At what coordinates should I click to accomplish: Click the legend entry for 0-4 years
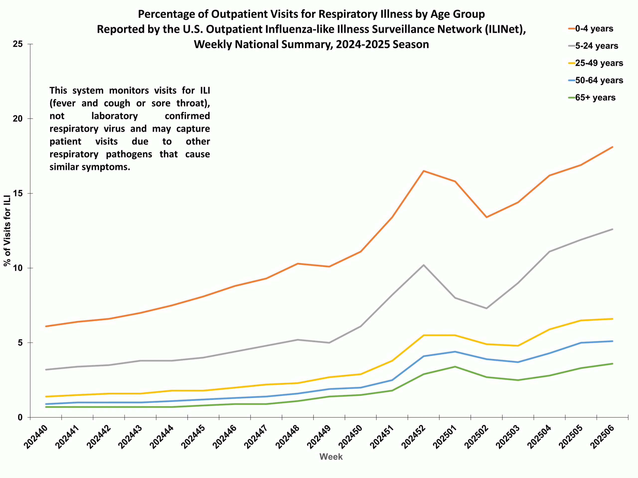point(594,29)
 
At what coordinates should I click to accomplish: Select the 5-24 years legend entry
point(596,46)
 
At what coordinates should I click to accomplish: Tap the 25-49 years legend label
point(599,63)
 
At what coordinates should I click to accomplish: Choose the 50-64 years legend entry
point(599,80)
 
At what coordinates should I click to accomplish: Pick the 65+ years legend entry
point(595,98)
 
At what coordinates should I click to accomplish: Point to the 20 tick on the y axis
point(18,119)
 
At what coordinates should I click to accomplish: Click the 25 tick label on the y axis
point(18,44)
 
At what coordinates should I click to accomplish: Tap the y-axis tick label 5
point(20,343)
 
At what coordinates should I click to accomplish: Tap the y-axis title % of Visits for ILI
point(7,231)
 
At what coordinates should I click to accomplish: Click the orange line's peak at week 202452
point(423,171)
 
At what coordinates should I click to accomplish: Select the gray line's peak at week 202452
point(423,265)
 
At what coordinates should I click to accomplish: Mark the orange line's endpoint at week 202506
point(612,147)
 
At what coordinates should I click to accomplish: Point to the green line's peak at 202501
point(455,366)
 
